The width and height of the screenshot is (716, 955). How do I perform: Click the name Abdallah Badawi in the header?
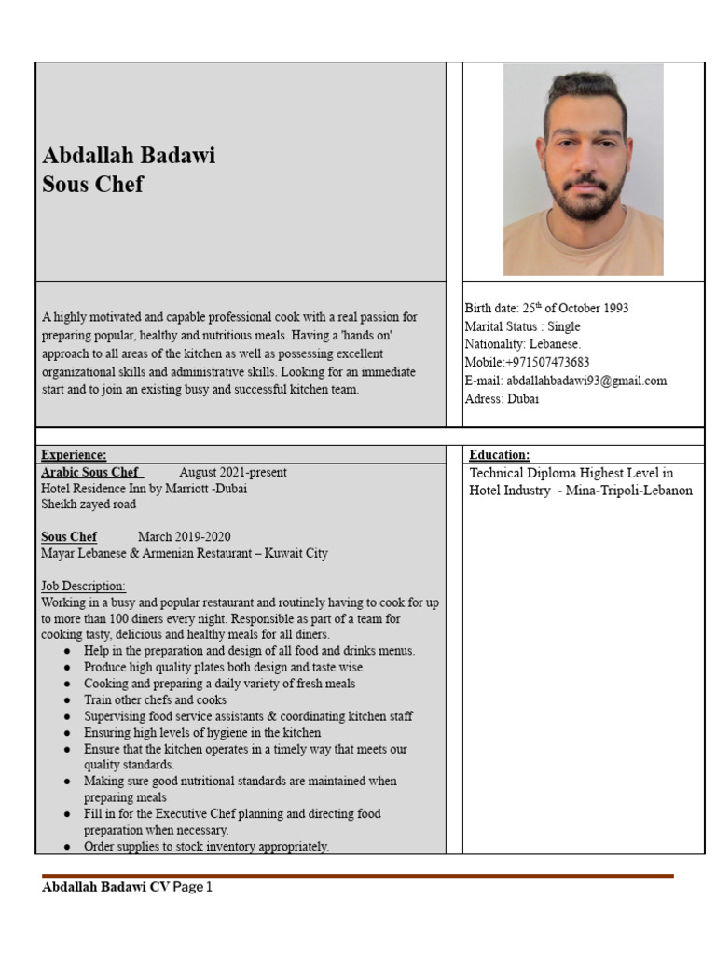click(129, 155)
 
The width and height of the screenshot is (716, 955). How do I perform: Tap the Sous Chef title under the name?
click(92, 184)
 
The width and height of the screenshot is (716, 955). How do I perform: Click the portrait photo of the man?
click(583, 171)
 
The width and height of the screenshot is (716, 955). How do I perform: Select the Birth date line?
click(546, 308)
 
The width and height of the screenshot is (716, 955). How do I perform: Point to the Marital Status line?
click(522, 326)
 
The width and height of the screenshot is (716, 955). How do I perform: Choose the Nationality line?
click(522, 344)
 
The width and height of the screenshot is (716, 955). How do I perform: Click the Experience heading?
click(74, 455)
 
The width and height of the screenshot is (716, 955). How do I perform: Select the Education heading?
click(499, 455)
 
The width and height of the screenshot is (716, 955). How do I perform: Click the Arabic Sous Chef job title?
click(91, 473)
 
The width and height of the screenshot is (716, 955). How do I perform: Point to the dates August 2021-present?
click(233, 473)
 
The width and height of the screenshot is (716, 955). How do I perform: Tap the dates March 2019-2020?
click(184, 537)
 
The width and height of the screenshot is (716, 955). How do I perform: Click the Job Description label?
click(83, 586)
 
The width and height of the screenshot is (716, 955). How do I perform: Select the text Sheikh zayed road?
click(89, 505)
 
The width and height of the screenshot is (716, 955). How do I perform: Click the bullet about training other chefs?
click(155, 699)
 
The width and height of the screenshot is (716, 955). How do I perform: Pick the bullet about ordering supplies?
click(206, 847)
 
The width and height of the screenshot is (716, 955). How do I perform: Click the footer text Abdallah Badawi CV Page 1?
click(127, 888)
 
